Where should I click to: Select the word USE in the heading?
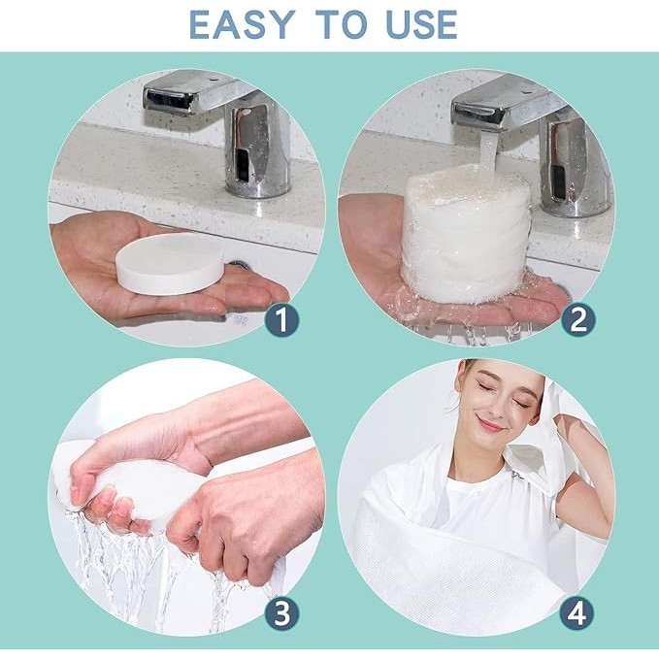[x=421, y=25]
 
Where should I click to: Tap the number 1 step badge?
[x=282, y=319]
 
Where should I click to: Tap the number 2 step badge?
[x=578, y=319]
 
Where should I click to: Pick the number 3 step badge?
[x=282, y=612]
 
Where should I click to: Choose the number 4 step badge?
[x=577, y=612]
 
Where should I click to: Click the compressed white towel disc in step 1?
[x=170, y=264]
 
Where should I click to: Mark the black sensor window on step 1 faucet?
[x=243, y=165]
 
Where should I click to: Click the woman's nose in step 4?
[x=496, y=405]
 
